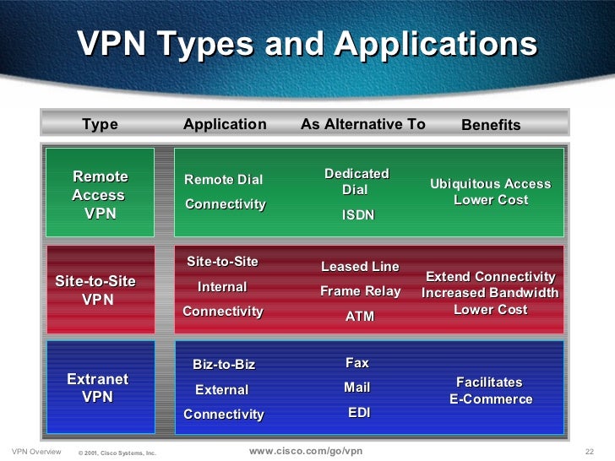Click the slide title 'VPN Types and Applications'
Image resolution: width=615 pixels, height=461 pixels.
point(307,44)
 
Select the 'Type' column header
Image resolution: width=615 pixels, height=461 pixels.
point(100,125)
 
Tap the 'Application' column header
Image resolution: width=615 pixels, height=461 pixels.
point(225,125)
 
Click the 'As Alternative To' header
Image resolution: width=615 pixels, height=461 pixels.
point(362,125)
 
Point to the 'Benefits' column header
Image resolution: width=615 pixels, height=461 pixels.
point(491,126)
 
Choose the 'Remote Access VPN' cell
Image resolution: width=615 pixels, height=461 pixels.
point(100,195)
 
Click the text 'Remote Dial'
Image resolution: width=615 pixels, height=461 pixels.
point(224,180)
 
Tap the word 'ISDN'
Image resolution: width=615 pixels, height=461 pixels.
point(357,215)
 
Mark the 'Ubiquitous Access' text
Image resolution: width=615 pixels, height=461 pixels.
point(490,184)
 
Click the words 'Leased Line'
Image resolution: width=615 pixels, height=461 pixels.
point(360,267)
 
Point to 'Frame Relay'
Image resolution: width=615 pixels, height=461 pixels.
point(360,292)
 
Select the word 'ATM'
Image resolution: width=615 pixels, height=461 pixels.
point(360,317)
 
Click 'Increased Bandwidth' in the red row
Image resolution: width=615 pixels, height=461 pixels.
point(490,293)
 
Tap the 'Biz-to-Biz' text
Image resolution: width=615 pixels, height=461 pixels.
point(224,365)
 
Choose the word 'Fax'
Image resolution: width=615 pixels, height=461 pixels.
point(357,363)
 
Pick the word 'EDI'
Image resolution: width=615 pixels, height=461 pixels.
point(358,414)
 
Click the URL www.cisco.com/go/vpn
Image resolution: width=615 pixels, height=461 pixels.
point(306,451)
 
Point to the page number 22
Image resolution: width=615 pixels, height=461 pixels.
point(591,452)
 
